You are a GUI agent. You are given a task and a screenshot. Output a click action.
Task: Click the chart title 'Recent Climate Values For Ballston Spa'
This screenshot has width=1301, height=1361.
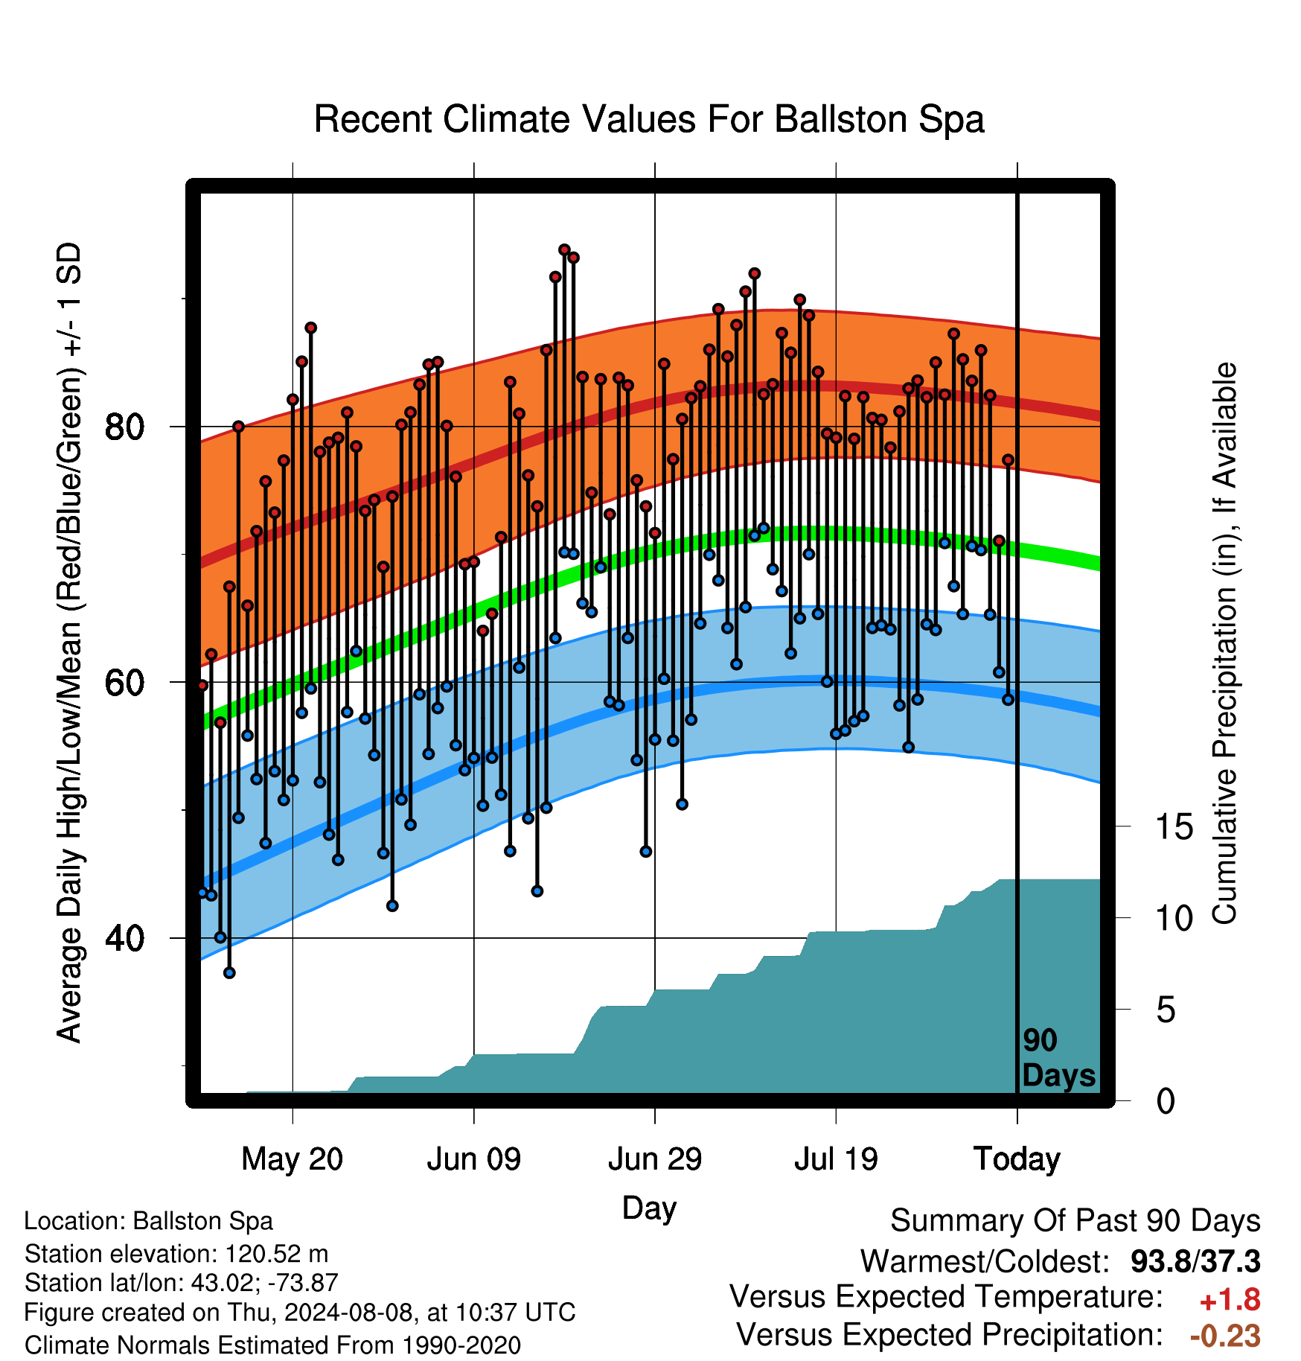[649, 119]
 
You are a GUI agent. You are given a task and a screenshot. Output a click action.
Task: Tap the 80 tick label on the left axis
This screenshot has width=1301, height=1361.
[124, 427]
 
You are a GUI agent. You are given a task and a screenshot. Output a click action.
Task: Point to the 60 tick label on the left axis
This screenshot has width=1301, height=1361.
[124, 683]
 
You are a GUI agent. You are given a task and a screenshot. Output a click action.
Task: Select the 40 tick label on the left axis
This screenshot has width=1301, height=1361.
[124, 938]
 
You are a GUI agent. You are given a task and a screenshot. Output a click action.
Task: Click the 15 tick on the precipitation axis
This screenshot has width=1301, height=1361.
[1174, 827]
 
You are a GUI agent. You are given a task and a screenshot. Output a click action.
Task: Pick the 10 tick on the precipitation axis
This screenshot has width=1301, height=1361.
[1174, 919]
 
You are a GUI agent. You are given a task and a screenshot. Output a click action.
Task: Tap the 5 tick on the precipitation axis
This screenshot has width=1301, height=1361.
[1166, 1010]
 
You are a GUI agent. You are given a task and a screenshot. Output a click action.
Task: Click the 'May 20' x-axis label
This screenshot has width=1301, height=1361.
[293, 1159]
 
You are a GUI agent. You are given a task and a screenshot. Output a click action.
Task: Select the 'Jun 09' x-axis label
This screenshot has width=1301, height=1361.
[474, 1159]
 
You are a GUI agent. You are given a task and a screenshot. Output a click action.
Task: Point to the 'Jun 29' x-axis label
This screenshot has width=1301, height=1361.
[655, 1159]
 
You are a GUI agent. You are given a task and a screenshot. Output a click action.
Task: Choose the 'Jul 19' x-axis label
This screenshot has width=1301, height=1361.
[836, 1159]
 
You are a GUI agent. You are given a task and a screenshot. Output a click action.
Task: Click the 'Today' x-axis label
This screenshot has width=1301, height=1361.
[1017, 1159]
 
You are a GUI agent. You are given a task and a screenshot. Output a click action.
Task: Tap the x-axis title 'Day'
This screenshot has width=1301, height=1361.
[649, 1208]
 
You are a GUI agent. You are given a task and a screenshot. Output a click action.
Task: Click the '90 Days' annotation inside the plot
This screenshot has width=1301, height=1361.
[1058, 1058]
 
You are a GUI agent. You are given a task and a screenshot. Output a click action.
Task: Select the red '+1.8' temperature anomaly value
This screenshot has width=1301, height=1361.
[1230, 1300]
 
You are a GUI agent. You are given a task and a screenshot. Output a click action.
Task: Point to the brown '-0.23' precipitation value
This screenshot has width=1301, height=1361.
[1225, 1336]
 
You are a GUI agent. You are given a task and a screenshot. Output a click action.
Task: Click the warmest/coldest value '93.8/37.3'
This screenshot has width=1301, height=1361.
[1195, 1261]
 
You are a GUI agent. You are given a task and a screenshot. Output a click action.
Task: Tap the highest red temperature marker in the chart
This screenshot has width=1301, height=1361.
[564, 249]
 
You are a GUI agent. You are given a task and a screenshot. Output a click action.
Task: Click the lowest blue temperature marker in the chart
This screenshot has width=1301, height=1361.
[229, 972]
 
